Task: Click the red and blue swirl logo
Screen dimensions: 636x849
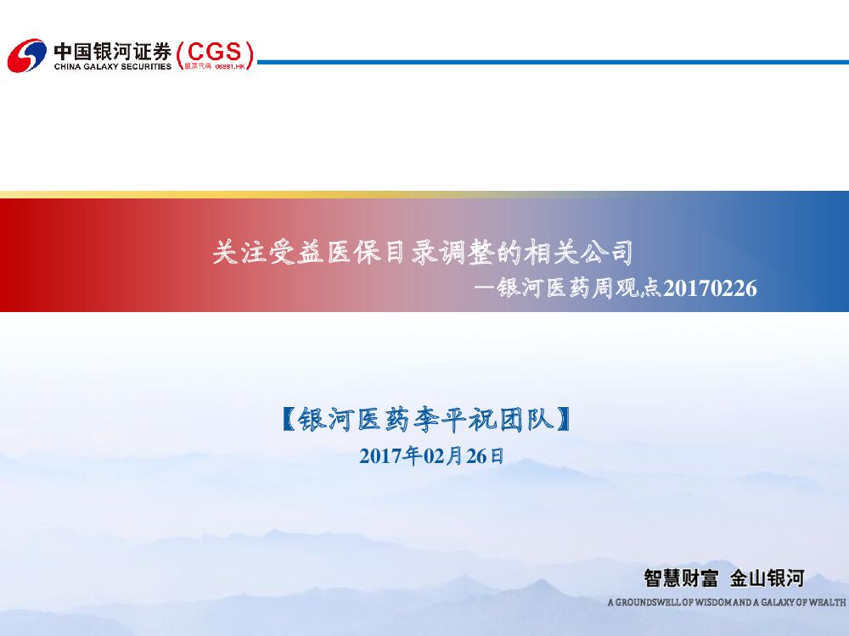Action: [x=26, y=55]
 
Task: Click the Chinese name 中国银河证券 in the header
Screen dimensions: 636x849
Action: [x=112, y=50]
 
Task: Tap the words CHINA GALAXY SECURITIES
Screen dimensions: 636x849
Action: [x=112, y=66]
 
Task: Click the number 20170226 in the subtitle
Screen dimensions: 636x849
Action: [x=710, y=289]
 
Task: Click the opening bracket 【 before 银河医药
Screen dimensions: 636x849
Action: [x=289, y=420]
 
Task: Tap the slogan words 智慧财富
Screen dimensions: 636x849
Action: [x=681, y=579]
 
